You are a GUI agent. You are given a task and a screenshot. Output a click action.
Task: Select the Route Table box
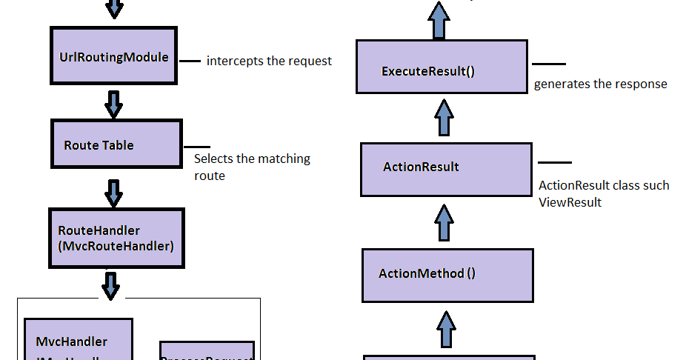(x=116, y=145)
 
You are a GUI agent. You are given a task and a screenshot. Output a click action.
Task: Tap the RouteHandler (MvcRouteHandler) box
(x=116, y=238)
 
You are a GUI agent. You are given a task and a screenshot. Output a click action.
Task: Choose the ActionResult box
(x=445, y=169)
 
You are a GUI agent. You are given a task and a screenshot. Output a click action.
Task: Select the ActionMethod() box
(x=447, y=275)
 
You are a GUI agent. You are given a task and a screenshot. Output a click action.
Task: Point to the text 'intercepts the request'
(x=269, y=61)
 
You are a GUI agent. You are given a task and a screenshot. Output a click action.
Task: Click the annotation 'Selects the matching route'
(x=251, y=167)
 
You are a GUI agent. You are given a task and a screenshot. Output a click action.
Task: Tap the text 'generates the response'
(x=600, y=84)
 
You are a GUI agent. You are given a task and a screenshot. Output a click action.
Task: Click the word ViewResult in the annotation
(x=570, y=201)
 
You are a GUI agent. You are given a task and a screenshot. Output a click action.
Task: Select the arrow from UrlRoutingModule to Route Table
(x=113, y=104)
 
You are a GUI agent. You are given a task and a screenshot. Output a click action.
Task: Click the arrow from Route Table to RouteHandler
(x=113, y=193)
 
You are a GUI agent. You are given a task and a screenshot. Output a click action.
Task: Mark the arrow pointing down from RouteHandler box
(x=111, y=284)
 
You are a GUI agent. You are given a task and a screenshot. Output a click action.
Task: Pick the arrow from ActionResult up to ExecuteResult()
(x=444, y=118)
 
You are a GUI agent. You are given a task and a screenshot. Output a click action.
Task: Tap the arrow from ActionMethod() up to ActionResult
(x=444, y=222)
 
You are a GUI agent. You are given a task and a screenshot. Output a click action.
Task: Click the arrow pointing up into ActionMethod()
(x=445, y=329)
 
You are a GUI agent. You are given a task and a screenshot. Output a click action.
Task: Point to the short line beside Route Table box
(x=196, y=147)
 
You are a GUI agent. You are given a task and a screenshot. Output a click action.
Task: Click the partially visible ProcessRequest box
(x=207, y=351)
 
